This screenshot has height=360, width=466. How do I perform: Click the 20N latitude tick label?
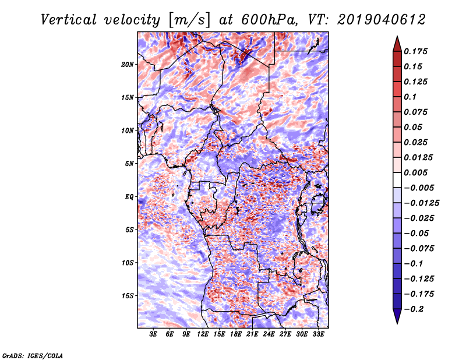coord(128,64)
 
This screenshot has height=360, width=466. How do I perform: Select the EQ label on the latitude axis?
coord(129,196)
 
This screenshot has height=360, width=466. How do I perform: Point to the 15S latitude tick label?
coord(128,295)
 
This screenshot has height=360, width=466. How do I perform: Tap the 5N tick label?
coord(129,163)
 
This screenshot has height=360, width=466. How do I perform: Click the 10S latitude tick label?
coord(128,263)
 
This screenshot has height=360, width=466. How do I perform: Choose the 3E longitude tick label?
coord(153,335)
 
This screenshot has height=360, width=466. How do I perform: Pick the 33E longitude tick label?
coord(318,335)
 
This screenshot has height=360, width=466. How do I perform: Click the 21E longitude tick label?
coord(252,335)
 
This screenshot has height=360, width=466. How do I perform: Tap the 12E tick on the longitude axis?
coord(203,335)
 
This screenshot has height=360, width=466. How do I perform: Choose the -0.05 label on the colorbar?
coord(418,233)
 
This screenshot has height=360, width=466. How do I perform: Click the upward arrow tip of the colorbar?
coord(396,38)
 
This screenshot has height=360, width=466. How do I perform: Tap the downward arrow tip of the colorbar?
coord(396,322)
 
